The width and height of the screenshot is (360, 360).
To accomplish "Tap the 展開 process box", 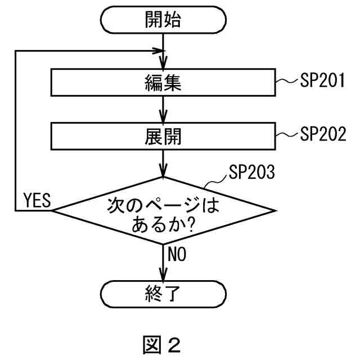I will [163, 136].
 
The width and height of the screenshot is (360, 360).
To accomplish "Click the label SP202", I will [322, 134].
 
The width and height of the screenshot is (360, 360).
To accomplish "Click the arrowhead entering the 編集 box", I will [163, 64].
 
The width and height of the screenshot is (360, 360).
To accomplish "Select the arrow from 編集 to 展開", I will [163, 110].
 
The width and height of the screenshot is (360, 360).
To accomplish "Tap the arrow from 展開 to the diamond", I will [163, 163].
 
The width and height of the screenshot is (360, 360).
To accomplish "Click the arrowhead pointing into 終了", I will [163, 276].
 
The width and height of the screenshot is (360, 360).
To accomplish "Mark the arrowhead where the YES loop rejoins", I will [157, 51].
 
